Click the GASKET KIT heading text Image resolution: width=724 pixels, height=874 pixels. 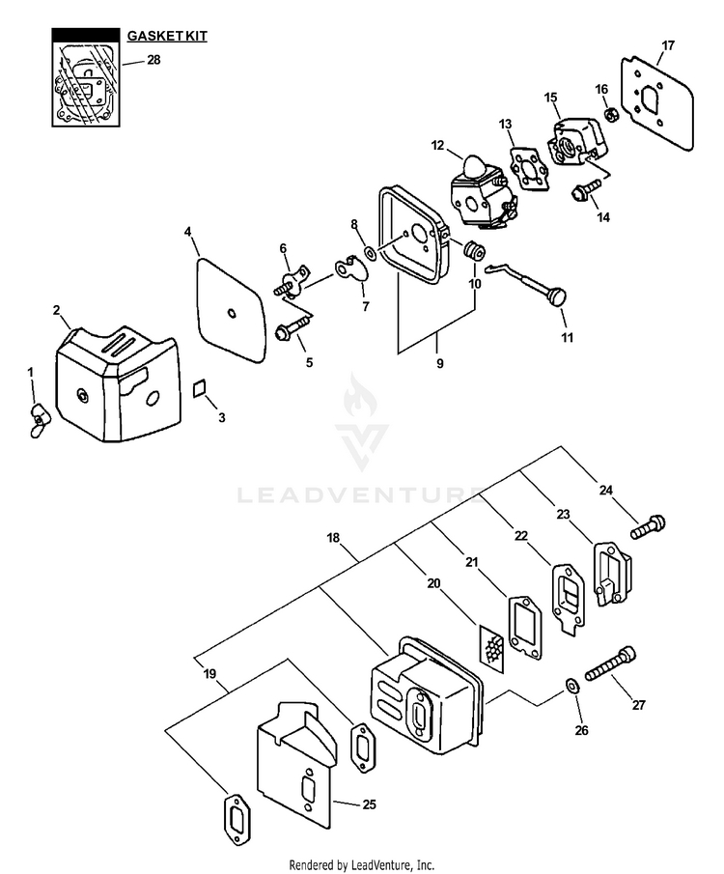tap(167, 36)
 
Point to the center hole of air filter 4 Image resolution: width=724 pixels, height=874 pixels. tap(232, 310)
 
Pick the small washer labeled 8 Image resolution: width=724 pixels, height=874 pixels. tap(371, 255)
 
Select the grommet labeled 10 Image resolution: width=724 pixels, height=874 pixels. tap(474, 252)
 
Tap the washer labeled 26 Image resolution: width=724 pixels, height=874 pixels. tap(571, 686)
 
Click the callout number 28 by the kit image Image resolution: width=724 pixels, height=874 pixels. tap(153, 60)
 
